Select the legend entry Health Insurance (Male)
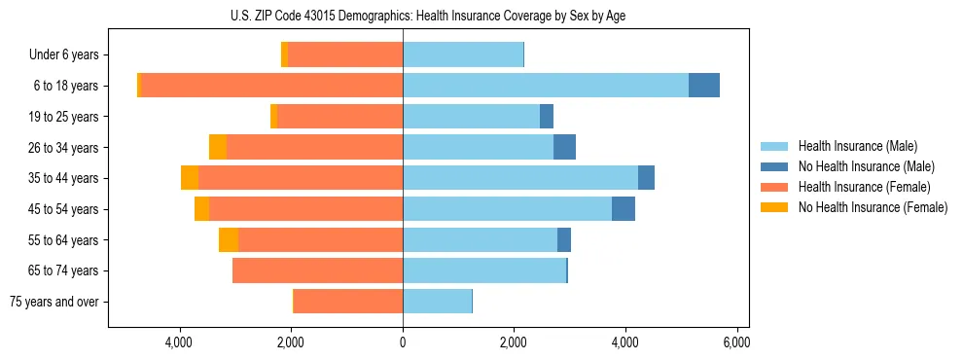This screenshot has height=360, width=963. click(857, 146)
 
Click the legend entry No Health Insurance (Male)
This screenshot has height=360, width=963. click(866, 166)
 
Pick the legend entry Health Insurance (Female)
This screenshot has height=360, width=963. click(864, 187)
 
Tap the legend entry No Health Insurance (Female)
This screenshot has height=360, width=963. click(873, 207)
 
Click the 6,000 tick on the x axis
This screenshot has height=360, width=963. click(736, 342)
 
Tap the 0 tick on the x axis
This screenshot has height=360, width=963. click(403, 342)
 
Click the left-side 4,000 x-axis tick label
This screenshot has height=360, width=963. click(180, 342)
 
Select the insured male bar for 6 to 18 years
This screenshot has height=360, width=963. click(545, 86)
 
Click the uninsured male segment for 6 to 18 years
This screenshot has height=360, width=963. click(704, 86)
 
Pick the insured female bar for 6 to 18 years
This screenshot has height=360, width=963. click(272, 86)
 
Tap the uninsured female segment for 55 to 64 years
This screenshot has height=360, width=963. click(229, 240)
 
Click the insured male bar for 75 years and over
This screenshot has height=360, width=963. click(437, 302)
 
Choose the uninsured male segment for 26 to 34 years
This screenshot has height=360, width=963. click(564, 148)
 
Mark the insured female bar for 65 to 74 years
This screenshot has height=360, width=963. click(317, 270)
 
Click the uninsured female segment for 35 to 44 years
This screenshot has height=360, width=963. click(190, 178)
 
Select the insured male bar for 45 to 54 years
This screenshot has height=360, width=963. click(507, 209)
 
